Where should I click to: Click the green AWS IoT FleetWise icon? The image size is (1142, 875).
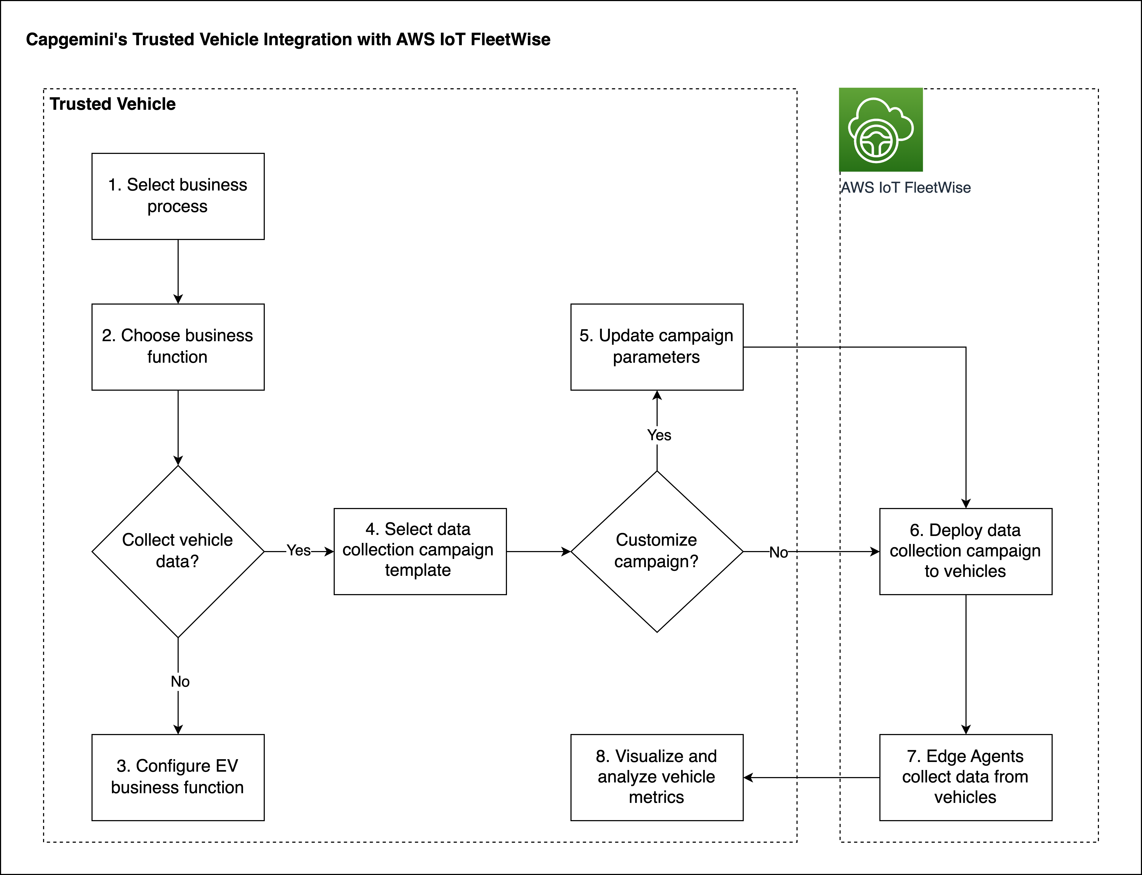(881, 130)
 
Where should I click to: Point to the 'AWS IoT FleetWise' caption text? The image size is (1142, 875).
(906, 187)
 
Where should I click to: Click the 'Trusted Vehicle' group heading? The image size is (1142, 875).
(113, 104)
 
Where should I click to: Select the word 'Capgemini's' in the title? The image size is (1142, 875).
(77, 40)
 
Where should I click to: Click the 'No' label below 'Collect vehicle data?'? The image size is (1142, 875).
(180, 681)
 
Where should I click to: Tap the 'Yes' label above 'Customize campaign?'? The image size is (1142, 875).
(659, 435)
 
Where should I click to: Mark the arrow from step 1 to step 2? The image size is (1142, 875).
(178, 271)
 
